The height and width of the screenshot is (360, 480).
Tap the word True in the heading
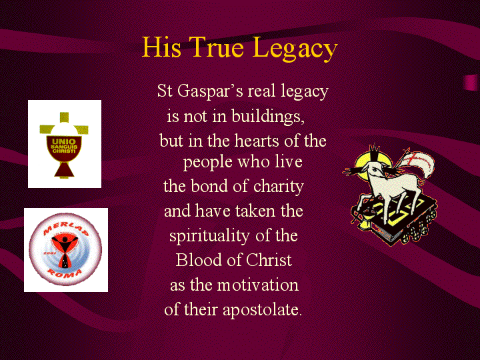pos(216,47)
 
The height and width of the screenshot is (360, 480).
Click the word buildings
pos(268,116)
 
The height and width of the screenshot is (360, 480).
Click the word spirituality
pos(210,236)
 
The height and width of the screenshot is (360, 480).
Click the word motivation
pos(258,285)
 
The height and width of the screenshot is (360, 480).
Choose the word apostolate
pos(263,310)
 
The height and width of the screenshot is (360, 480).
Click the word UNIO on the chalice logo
pos(64,141)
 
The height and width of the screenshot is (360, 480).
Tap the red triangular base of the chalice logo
pos(64,169)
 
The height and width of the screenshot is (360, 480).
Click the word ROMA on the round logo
pos(65,273)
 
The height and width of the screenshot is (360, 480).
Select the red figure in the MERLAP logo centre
pos(65,249)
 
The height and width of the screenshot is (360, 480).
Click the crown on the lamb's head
pos(374,152)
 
